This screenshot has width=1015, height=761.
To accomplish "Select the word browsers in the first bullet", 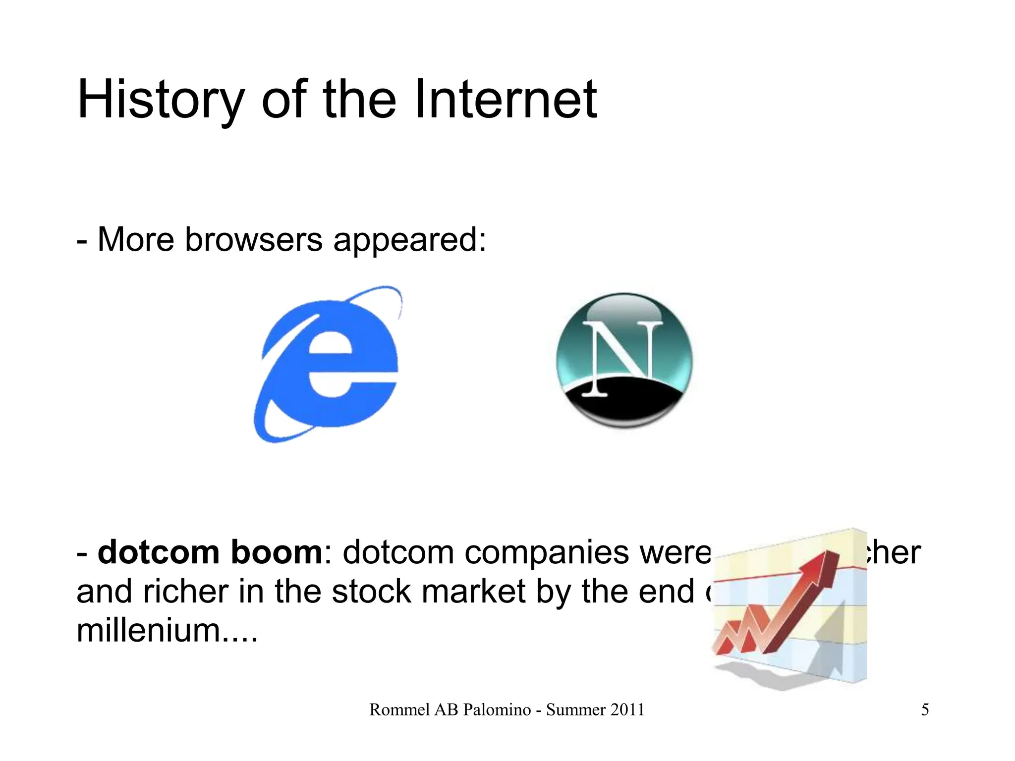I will coord(254,240).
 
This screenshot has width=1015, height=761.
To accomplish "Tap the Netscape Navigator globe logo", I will coord(624,360).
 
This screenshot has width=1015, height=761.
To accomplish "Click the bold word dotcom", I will coord(159,552).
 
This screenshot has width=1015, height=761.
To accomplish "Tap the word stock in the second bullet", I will coord(371,592).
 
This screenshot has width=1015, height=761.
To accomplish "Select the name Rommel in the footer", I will coord(399,710).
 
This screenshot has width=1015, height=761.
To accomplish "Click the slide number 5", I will coord(925,710).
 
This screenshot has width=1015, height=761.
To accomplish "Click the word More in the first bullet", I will coord(136,240).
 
